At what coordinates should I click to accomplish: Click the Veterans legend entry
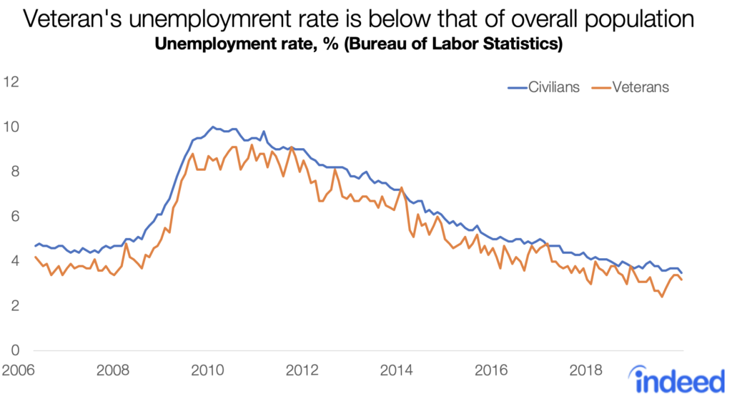tap(630, 87)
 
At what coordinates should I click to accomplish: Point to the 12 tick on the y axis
tap(12, 82)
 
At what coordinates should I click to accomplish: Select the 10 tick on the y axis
tap(12, 127)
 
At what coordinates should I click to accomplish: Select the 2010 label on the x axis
tap(207, 371)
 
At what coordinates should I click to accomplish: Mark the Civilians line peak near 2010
tap(212, 127)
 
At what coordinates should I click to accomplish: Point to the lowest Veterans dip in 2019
tap(662, 296)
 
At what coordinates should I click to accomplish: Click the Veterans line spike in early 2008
tap(127, 244)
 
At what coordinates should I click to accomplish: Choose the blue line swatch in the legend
tap(516, 87)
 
